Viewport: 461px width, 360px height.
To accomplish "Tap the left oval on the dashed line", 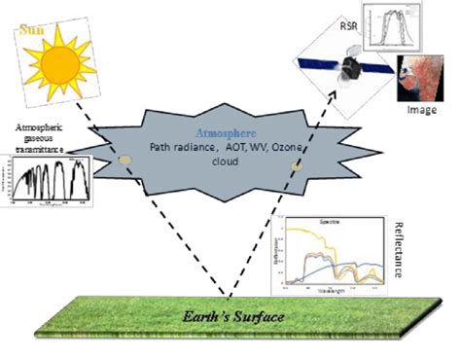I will pyautogui.click(x=124, y=159).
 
